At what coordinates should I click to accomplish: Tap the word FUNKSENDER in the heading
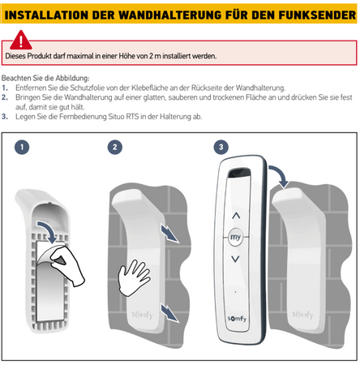[x=312, y=15]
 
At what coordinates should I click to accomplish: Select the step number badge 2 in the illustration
[x=116, y=147]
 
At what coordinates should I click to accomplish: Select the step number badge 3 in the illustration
[x=221, y=147]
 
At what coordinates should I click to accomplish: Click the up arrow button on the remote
[x=237, y=217]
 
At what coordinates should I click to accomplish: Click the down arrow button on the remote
[x=237, y=260]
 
